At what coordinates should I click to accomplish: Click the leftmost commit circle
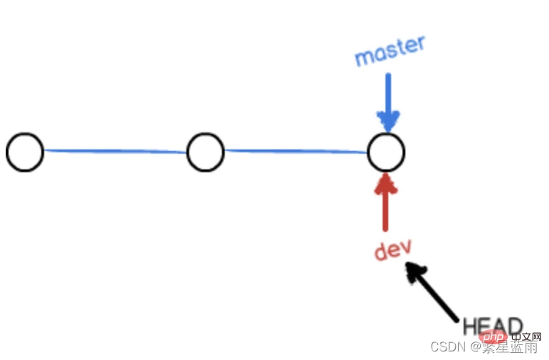pyautogui.click(x=25, y=152)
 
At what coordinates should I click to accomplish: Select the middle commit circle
pyautogui.click(x=206, y=152)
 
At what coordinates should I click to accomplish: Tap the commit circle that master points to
pyautogui.click(x=386, y=152)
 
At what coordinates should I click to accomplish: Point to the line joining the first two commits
pyautogui.click(x=115, y=151)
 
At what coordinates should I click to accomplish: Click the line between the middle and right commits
pyautogui.click(x=296, y=151)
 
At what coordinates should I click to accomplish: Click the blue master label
pyautogui.click(x=390, y=51)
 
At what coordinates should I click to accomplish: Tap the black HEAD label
pyautogui.click(x=493, y=327)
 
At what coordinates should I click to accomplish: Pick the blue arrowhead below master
pyautogui.click(x=388, y=121)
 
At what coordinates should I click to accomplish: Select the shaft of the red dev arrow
pyautogui.click(x=385, y=210)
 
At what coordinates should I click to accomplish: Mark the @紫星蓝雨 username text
pyautogui.click(x=502, y=346)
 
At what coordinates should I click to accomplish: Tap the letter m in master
pyautogui.click(x=364, y=58)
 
